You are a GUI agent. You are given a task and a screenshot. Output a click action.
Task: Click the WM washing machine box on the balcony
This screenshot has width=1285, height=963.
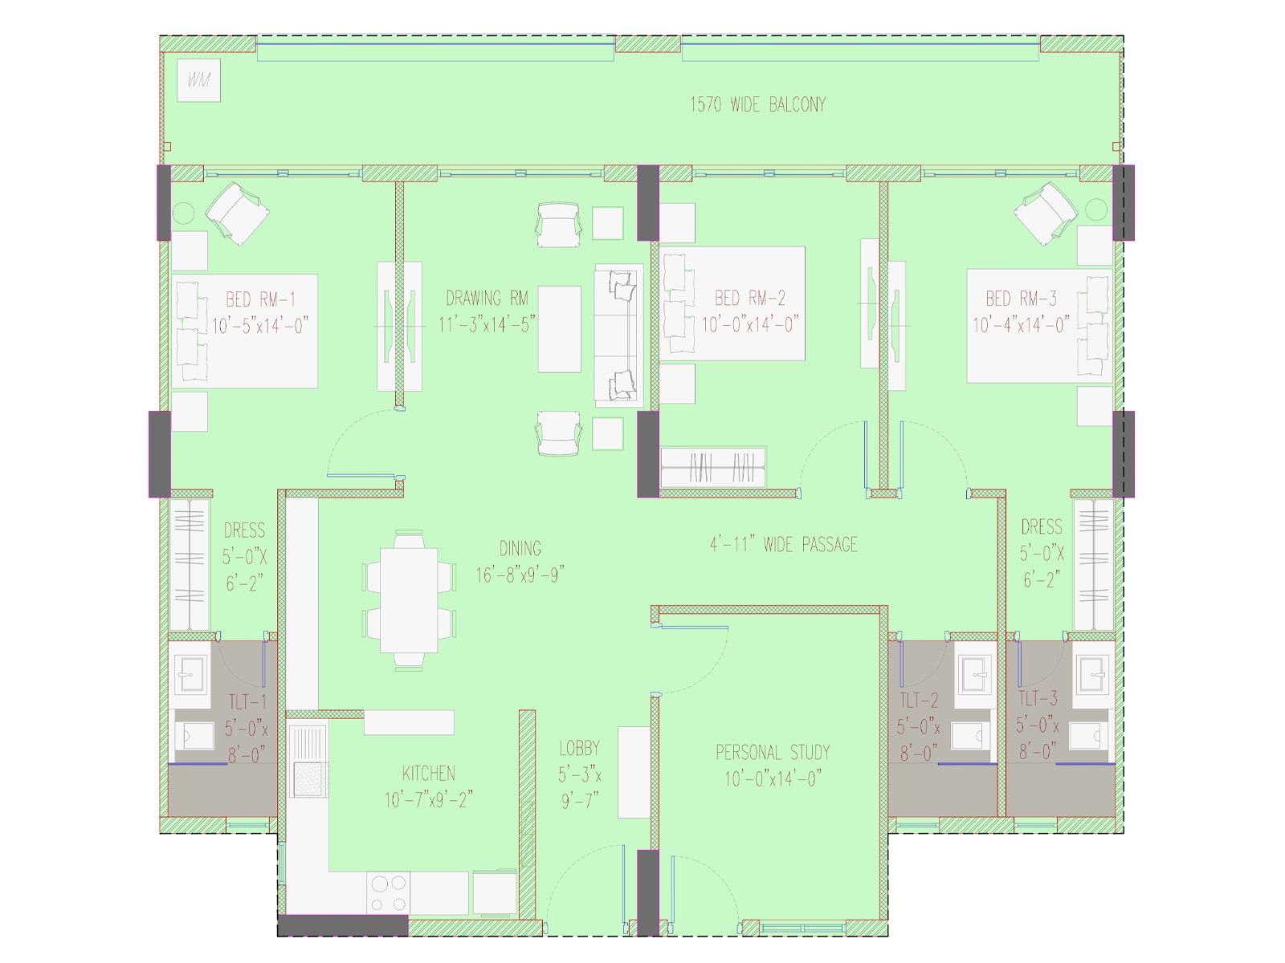[x=198, y=80]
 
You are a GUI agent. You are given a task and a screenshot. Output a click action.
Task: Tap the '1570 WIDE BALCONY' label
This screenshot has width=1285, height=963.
[x=757, y=104]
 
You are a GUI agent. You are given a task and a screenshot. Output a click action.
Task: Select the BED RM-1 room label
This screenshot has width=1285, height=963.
[x=260, y=299]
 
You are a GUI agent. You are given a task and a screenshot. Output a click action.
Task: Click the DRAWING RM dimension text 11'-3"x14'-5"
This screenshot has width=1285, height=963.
[x=487, y=324]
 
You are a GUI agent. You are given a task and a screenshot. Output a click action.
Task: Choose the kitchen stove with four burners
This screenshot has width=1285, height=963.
[x=388, y=893]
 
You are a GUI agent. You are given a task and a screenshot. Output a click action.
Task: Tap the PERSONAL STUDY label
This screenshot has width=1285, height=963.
[x=773, y=752]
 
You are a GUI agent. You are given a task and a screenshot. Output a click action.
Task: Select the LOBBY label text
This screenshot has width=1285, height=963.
[x=579, y=748]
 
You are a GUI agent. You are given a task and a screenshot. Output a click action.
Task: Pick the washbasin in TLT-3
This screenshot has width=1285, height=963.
[x=1092, y=674]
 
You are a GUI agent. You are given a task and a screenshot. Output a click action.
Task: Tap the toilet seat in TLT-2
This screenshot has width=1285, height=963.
[x=970, y=736]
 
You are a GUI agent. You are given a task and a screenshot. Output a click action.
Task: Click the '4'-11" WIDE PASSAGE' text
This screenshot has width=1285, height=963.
[x=784, y=544]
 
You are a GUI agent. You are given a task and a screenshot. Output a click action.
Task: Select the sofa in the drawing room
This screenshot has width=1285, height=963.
[x=618, y=335]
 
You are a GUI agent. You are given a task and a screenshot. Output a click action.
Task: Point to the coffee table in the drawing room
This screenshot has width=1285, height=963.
[x=560, y=328]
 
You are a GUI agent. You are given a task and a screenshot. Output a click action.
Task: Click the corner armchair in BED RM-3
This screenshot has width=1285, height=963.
[x=1046, y=214]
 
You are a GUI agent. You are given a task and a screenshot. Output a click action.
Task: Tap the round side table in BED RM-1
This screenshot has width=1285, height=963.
[x=182, y=213]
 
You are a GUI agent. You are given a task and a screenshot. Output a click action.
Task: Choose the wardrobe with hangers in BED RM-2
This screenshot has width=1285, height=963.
[x=713, y=467]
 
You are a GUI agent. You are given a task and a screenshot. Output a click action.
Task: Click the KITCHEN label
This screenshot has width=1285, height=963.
[x=429, y=774]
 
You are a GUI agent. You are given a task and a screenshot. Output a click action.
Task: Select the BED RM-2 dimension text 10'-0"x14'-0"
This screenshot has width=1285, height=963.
[x=750, y=324]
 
